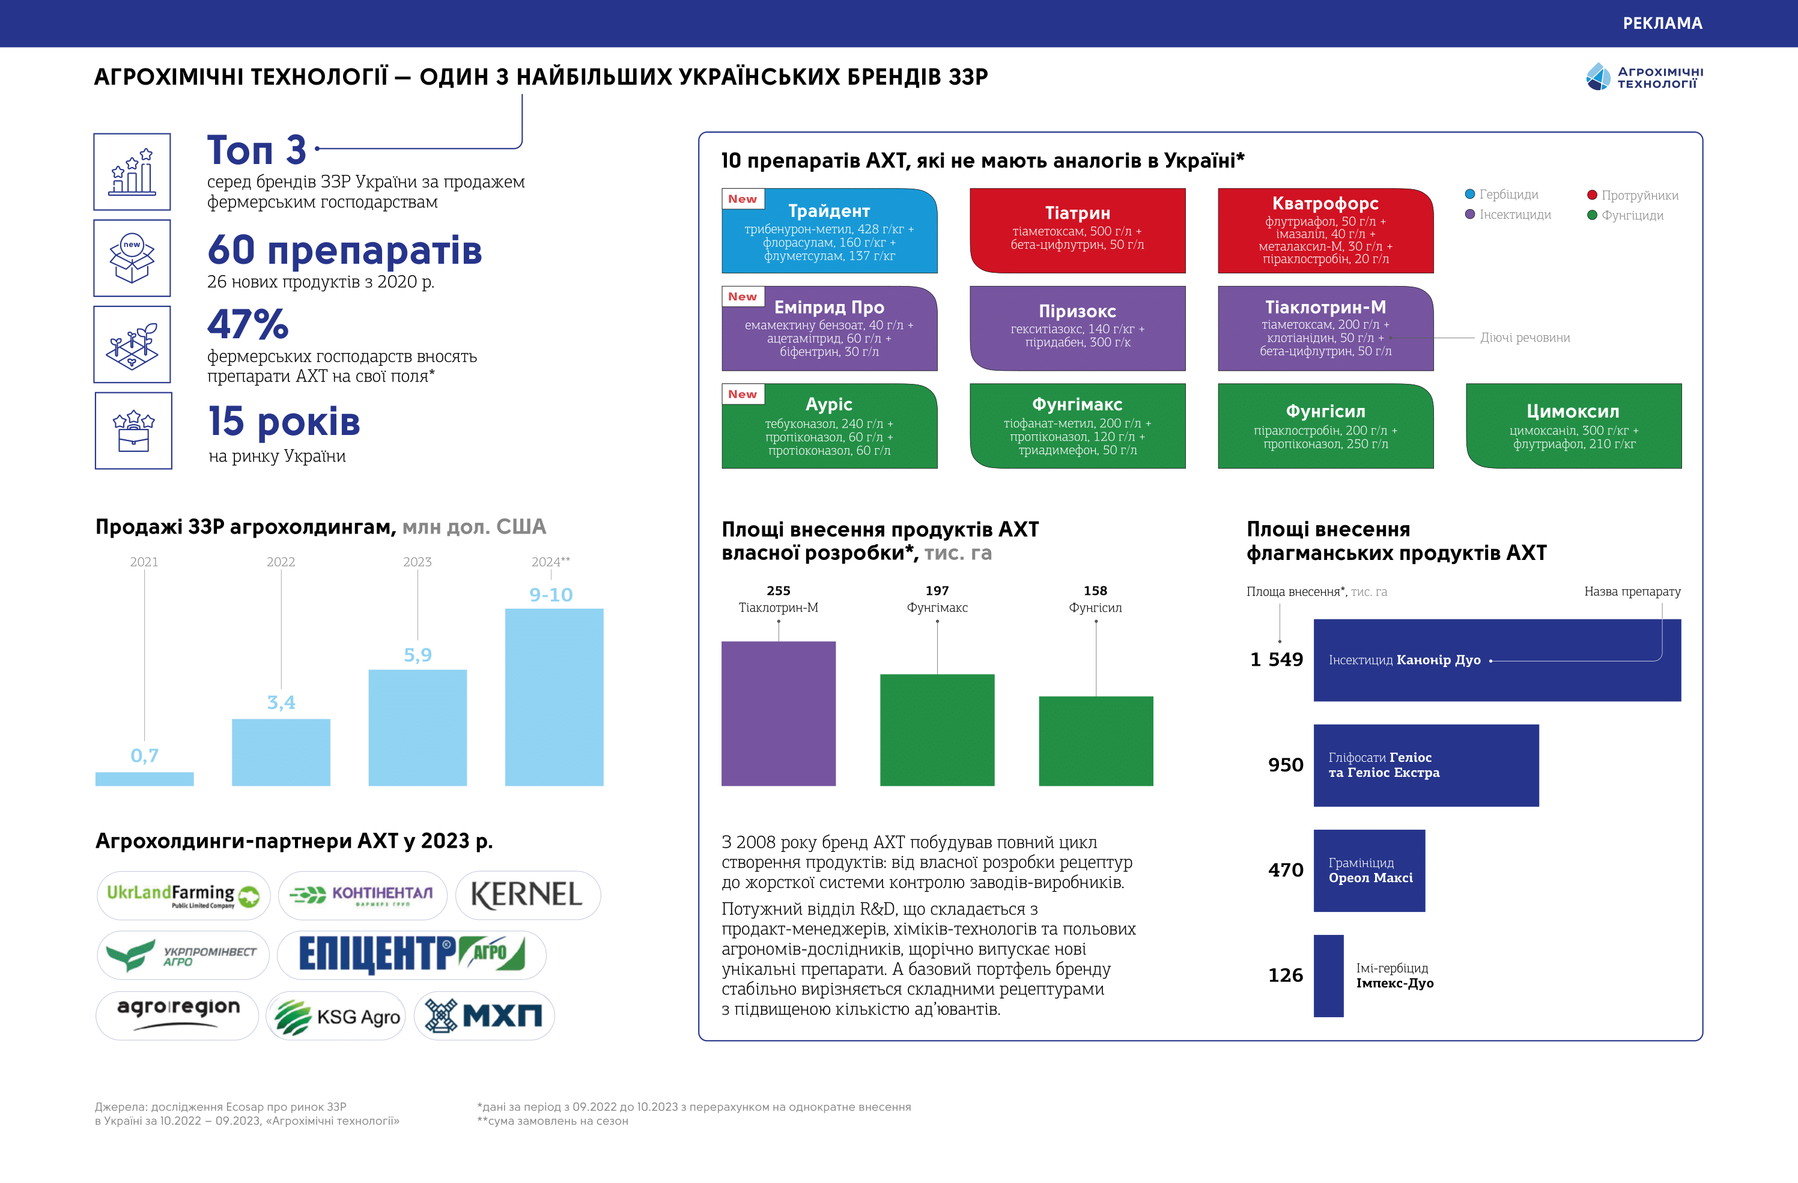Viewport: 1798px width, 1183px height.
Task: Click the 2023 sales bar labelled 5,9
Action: point(417,727)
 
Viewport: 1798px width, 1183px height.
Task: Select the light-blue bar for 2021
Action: point(144,778)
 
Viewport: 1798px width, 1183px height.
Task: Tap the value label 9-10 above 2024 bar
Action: point(551,595)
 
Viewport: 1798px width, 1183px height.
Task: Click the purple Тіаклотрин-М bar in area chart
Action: point(778,713)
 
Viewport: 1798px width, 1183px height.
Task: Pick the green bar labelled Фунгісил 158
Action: point(1095,740)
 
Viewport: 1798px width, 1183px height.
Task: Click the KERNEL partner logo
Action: point(527,895)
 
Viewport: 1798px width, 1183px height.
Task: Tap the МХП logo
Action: point(484,1015)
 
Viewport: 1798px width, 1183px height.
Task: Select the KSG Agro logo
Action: point(336,1016)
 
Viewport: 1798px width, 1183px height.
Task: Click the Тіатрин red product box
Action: point(1077,230)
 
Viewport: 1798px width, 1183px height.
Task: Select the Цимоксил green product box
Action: point(1574,425)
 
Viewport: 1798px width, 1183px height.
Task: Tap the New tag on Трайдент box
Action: point(742,199)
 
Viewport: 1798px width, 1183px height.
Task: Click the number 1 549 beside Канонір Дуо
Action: point(1276,660)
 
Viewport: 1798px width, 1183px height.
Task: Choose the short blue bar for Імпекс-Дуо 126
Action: point(1328,975)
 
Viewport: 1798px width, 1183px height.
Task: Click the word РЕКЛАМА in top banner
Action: point(1662,23)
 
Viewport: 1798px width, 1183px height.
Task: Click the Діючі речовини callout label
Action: point(1525,338)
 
